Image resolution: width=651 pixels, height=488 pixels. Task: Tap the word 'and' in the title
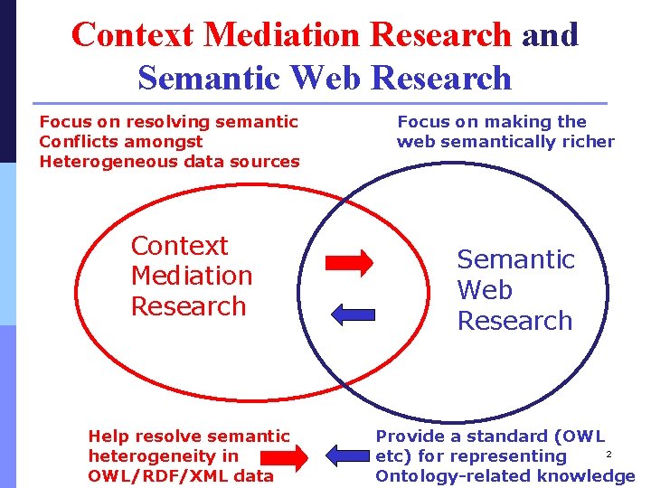pos(550,34)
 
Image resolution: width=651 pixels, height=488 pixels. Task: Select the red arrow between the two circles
pos(349,262)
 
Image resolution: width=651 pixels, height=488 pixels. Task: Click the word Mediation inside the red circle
pos(192,276)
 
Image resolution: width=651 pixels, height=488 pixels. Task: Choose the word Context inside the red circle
pos(180,246)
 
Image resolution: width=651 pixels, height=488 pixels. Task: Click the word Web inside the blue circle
pos(485,290)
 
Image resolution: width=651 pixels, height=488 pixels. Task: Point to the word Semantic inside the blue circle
pos(515,259)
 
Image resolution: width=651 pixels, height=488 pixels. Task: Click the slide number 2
pos(609,454)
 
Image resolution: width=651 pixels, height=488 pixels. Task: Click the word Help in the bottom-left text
pos(108,436)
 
